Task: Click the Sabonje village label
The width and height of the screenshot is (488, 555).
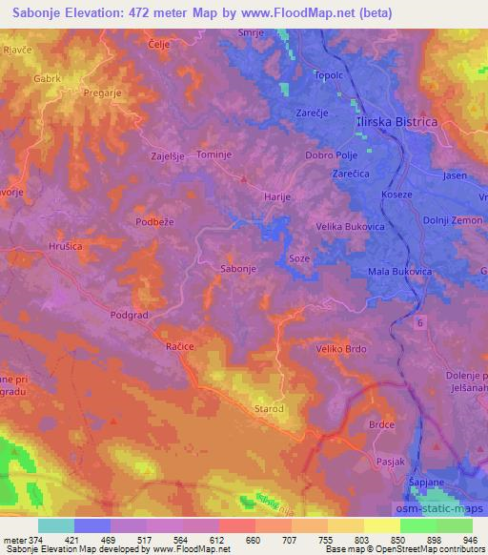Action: coord(237,269)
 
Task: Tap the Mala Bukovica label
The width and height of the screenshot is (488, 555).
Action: coord(399,272)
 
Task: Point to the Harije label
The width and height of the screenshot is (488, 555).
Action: coord(275,195)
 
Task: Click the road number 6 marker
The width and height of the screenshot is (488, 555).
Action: coord(418,324)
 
